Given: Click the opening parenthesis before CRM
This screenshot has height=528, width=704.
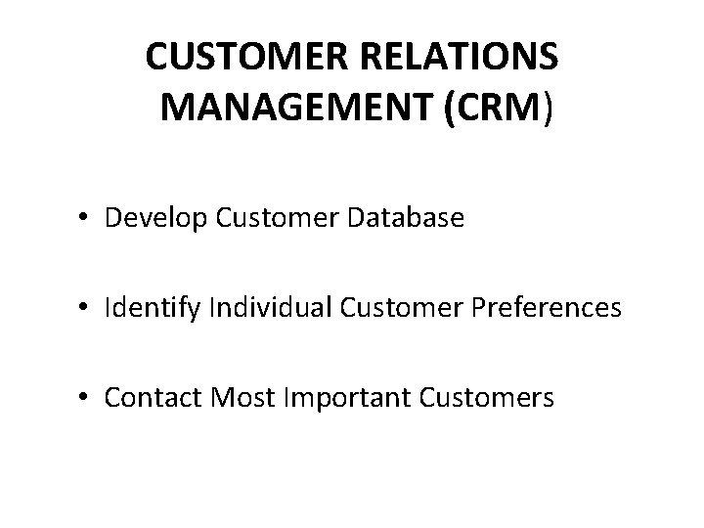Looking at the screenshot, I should point(450,110).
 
